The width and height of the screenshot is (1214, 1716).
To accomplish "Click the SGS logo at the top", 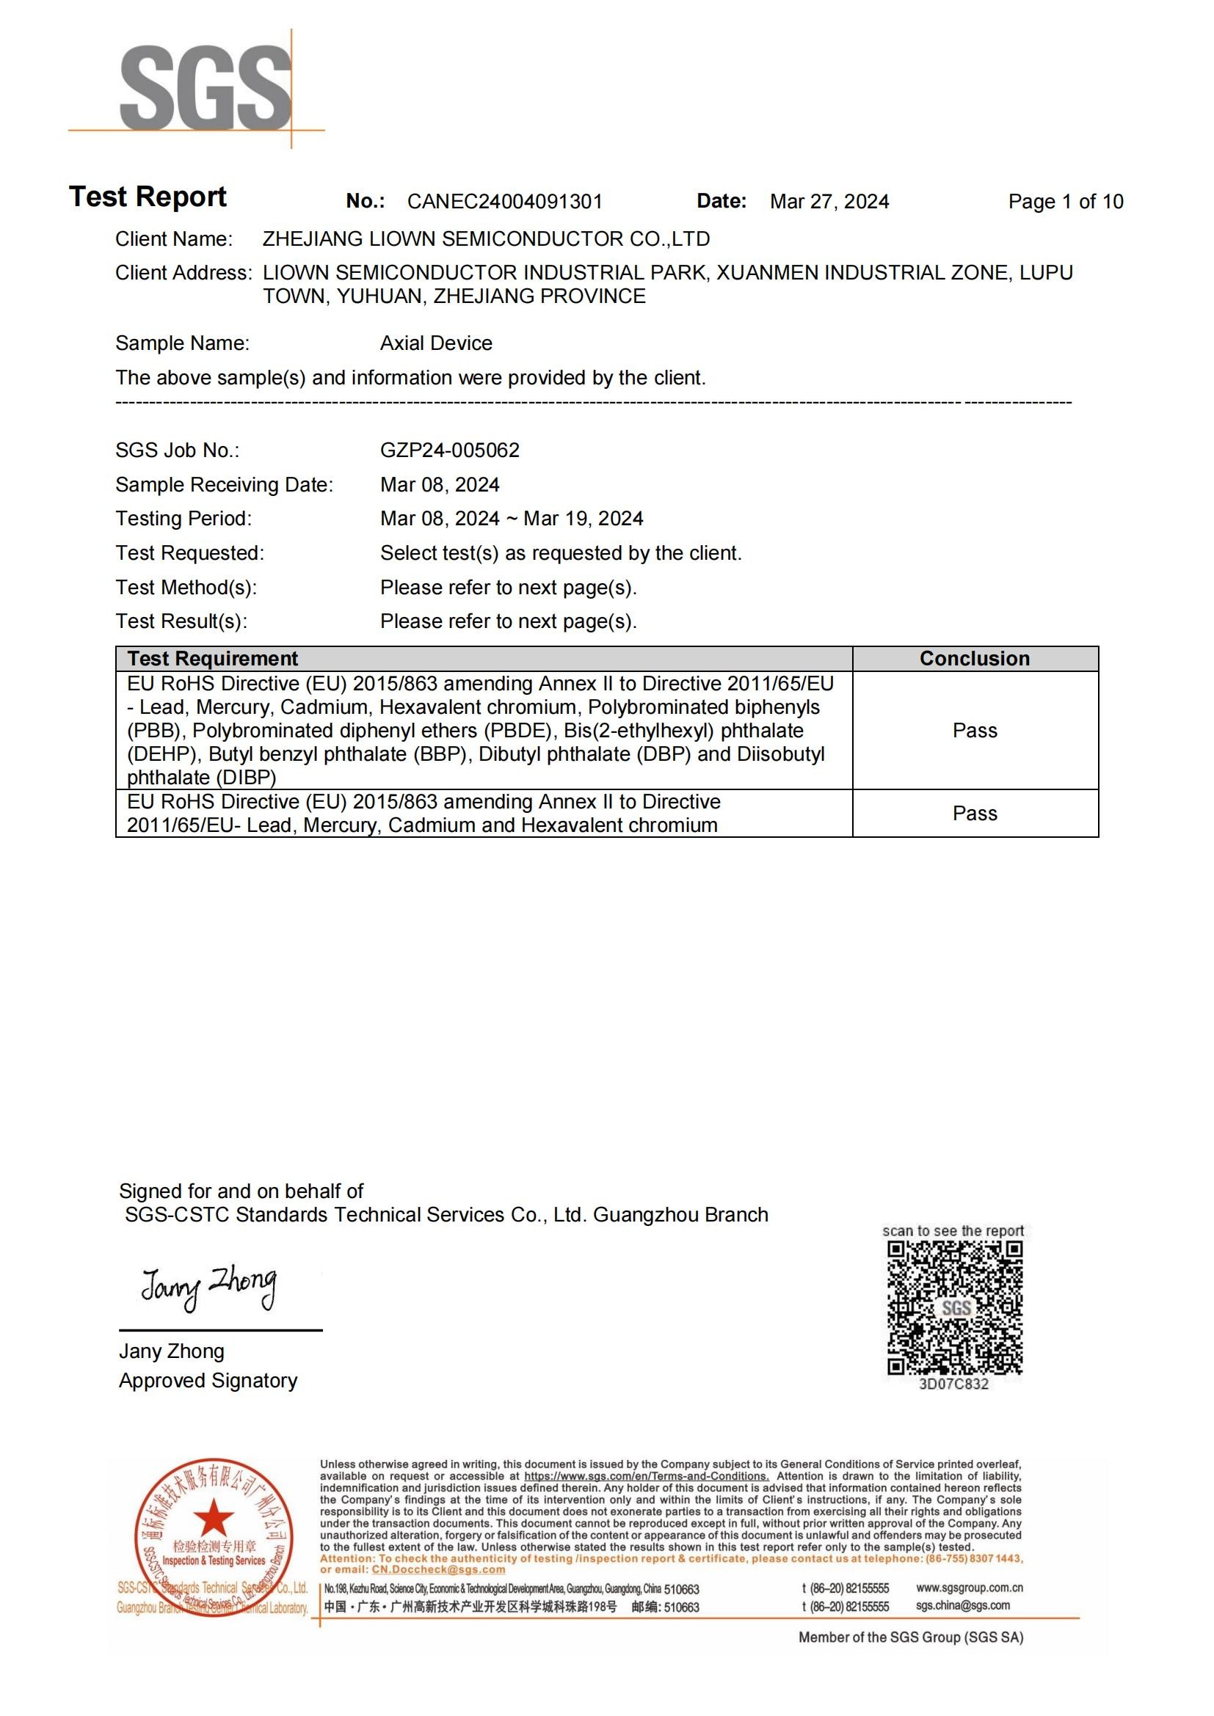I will point(206,88).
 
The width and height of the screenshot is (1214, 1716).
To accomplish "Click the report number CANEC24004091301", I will point(504,202).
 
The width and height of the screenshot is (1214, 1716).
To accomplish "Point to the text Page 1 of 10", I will point(1065,202).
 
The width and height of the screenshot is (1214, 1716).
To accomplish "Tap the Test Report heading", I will point(148,197).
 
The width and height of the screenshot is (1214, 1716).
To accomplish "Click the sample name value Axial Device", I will point(436,343).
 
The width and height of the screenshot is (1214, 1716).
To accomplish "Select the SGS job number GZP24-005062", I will point(449,450).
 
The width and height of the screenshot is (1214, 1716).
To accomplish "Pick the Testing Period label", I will point(183,519).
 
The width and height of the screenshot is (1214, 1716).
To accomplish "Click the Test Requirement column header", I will point(212,658).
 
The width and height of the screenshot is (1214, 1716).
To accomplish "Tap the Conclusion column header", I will point(974,658).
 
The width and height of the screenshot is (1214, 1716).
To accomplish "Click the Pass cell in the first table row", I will point(974,730).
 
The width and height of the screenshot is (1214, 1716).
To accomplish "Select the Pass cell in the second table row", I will point(974,813).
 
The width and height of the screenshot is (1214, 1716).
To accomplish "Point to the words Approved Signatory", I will point(208,1381).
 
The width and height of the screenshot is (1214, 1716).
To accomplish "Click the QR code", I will point(955,1308).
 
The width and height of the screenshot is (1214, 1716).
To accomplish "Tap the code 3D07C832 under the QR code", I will point(953,1384).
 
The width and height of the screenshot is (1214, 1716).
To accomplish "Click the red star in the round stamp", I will point(214,1517).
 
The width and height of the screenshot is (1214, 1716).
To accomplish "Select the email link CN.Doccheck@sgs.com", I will point(438,1569).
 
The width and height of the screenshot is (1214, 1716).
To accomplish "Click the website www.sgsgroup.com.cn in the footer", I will point(969,1588).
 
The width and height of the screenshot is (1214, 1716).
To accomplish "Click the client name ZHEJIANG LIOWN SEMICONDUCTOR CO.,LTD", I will point(486,239).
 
